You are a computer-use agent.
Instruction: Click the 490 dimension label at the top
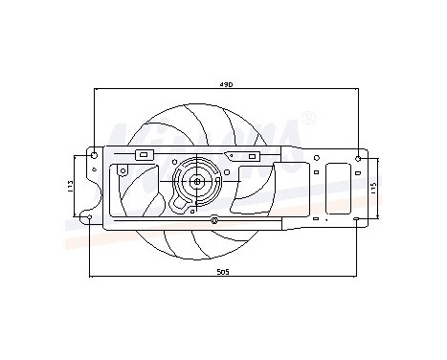pyautogui.click(x=226, y=85)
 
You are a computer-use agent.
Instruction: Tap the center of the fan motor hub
pyautogui.click(x=197, y=179)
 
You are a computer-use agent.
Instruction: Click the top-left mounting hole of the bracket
pyautogui.click(x=93, y=153)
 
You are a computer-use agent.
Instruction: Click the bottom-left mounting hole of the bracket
pyautogui.click(x=89, y=219)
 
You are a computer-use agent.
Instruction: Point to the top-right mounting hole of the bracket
pyautogui.click(x=358, y=157)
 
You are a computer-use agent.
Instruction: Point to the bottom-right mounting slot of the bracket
pyautogui.click(x=357, y=219)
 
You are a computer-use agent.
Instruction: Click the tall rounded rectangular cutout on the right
pyautogui.click(x=340, y=186)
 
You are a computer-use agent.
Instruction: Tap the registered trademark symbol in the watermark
pyautogui.click(x=308, y=119)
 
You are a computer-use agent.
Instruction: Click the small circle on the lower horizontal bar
pyautogui.click(x=214, y=220)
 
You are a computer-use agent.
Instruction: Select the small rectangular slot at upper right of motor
pyautogui.click(x=233, y=153)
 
